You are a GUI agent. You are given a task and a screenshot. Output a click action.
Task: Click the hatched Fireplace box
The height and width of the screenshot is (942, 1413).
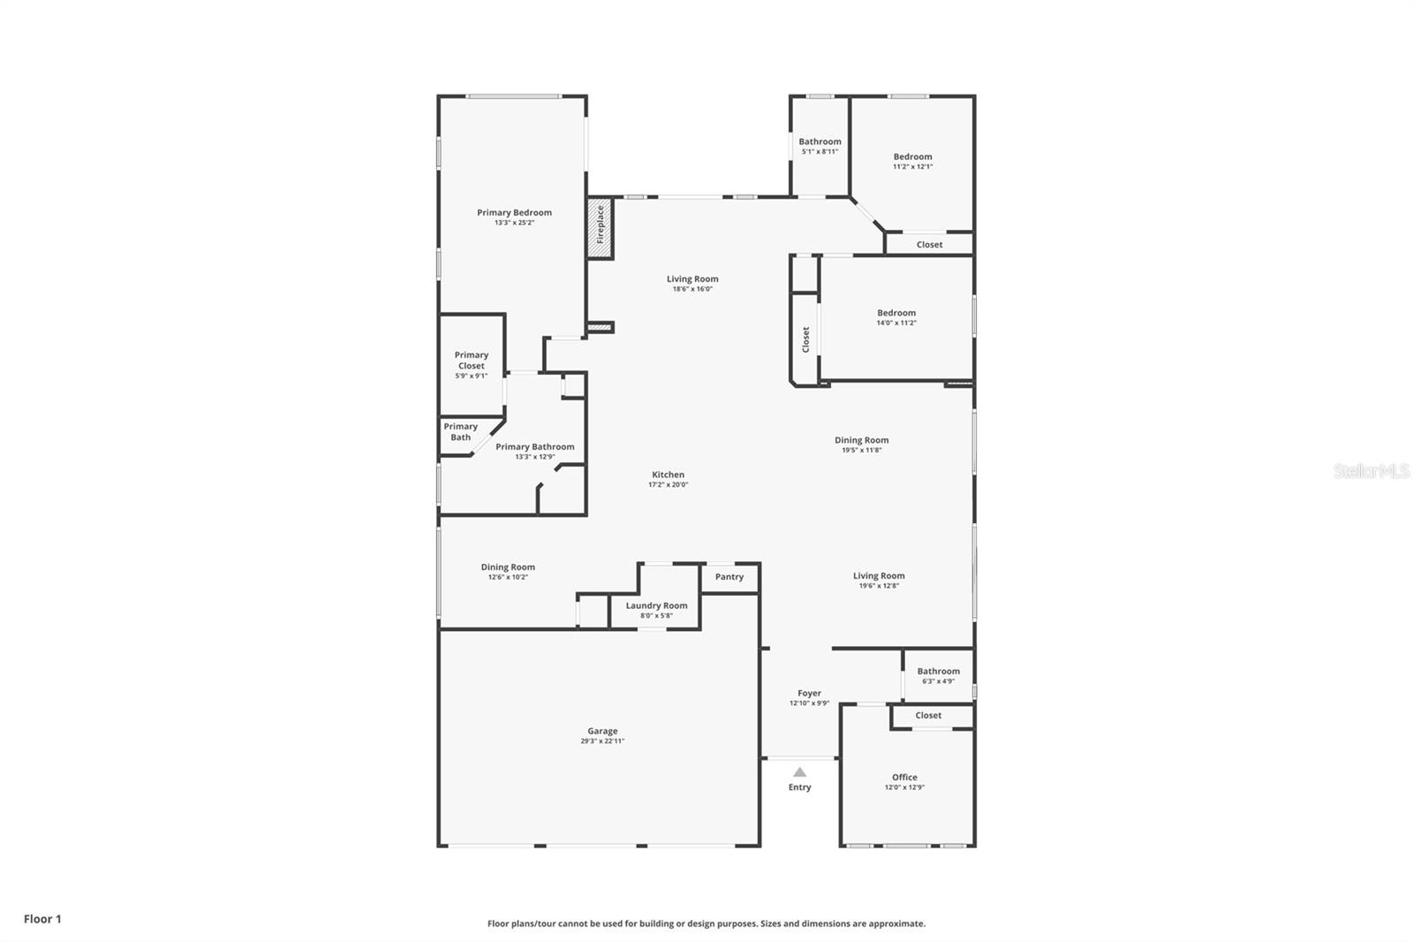point(600,227)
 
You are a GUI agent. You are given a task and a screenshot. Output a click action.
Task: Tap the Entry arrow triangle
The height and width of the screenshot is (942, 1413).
point(799,771)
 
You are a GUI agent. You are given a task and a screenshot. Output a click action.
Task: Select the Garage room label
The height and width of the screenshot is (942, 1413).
point(602,731)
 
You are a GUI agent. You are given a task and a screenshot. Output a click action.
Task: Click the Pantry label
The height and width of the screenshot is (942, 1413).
point(729,576)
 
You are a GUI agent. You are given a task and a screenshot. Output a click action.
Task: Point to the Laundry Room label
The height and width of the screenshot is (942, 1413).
point(657,604)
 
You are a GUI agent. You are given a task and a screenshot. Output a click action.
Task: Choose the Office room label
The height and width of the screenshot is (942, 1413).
point(904,777)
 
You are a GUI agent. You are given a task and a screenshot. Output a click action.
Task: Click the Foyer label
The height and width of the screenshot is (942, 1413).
point(809,693)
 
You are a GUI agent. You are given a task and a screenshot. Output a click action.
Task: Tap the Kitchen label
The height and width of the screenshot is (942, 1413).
point(668,475)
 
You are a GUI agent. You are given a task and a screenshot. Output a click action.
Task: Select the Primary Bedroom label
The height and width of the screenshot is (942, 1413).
point(514,212)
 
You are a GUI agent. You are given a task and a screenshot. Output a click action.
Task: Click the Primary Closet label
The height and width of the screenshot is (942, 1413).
point(472,360)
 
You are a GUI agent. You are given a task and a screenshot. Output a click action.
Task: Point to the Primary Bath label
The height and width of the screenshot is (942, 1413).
point(460,432)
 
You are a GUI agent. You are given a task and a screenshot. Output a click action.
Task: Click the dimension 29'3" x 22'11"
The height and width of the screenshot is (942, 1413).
point(602,741)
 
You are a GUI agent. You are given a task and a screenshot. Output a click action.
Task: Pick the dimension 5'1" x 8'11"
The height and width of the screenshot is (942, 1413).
point(820,151)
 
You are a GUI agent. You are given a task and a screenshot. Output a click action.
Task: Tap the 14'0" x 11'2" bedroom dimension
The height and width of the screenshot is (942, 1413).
point(896,323)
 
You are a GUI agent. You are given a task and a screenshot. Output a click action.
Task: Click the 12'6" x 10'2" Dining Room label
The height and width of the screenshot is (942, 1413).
point(508,572)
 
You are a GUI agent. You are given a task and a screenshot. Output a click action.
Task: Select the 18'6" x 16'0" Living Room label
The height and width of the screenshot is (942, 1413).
point(692,284)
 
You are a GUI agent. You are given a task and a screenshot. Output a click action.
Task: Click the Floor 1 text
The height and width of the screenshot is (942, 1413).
point(43,919)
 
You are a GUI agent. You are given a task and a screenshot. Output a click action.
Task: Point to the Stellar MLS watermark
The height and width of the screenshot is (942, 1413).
point(1371,470)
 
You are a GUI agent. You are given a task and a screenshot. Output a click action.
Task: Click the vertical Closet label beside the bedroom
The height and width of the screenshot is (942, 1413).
point(805,339)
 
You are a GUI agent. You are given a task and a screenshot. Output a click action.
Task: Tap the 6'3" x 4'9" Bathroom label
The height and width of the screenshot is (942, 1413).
point(939,675)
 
